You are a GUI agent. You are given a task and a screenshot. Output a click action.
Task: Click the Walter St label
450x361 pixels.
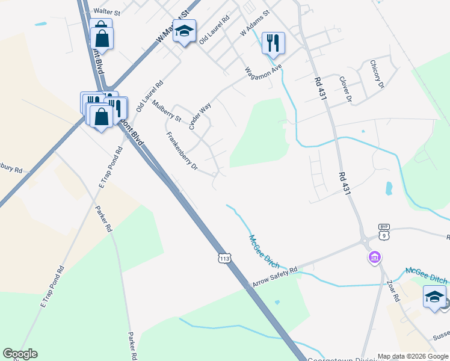[107, 11]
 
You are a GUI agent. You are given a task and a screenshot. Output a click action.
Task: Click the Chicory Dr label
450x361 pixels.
[377, 74]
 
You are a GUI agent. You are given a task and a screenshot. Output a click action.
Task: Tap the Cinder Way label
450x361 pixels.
[200, 116]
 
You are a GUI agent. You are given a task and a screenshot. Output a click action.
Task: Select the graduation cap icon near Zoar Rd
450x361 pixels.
[434, 297]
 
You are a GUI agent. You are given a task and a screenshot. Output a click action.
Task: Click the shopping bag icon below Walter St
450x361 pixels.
[102, 37]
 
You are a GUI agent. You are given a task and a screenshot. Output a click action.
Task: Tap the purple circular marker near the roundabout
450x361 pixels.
[375, 258]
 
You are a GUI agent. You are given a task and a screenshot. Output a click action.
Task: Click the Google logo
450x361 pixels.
[20, 354]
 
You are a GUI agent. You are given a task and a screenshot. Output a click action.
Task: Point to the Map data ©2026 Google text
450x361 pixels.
[413, 356]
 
